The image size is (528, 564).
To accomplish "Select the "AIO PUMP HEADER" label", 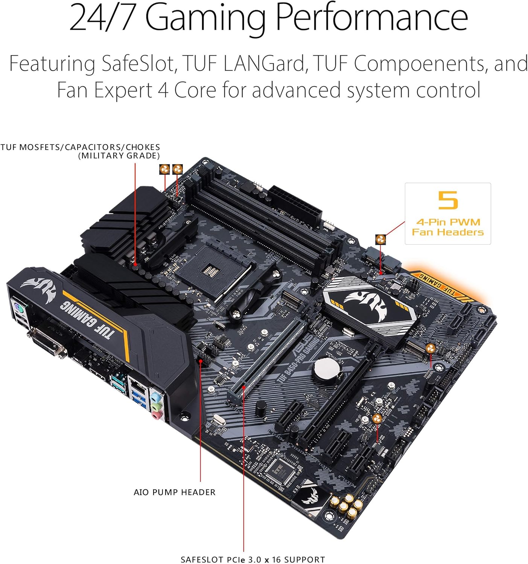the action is pos(175,492).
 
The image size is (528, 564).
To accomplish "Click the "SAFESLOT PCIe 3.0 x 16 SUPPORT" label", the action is pos(253,559).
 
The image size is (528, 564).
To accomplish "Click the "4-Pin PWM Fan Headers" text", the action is pos(448,227).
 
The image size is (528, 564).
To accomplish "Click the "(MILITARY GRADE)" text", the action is pos(119,156).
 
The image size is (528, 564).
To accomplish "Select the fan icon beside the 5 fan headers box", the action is pos(380,239).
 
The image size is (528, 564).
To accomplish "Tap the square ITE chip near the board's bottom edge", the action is pos(281,470).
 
